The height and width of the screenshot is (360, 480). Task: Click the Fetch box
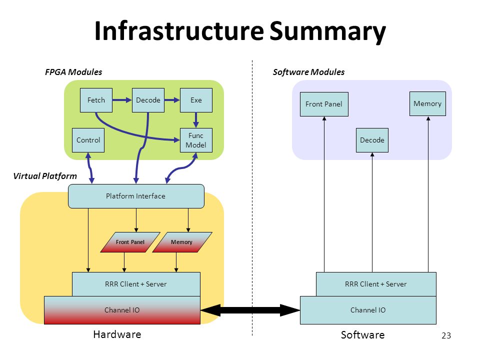pos(96,100)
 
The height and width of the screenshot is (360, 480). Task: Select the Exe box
pos(196,100)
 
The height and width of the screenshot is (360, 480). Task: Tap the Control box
pos(88,140)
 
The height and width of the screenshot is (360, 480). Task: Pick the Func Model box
pos(196,140)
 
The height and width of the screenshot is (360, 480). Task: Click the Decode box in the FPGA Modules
pos(148,100)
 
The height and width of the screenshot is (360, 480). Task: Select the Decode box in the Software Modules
pos(372,140)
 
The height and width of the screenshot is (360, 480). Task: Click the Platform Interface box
pos(136,196)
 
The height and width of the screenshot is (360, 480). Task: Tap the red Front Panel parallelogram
pos(130,242)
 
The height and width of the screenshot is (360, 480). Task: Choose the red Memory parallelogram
pos(182,242)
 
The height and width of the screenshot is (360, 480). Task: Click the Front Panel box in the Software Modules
pos(324,104)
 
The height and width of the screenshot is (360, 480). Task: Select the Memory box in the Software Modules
pos(427,104)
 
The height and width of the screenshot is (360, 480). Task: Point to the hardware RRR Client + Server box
pos(136,284)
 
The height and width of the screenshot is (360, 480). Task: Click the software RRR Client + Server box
pos(376,284)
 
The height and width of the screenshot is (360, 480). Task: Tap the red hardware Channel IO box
pos(122,310)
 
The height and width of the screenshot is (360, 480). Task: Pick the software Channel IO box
pos(368,310)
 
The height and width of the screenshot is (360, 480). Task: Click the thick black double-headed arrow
pos(250,310)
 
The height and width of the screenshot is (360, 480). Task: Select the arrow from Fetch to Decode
pos(122,100)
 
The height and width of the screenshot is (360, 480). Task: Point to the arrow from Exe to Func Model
pos(196,120)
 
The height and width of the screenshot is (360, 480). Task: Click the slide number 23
pos(446,335)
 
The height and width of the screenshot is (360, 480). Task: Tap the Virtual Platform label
pos(45,176)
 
